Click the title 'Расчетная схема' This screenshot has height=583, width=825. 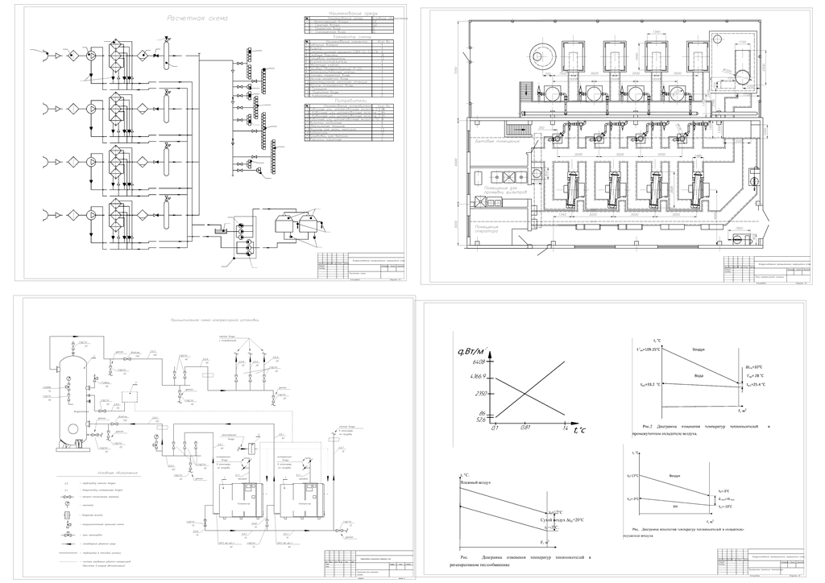click(197, 18)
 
